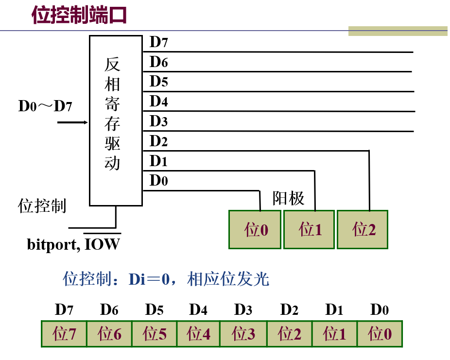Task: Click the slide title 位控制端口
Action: [79, 15]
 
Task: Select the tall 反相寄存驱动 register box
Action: [116, 120]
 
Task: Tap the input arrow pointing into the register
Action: [73, 122]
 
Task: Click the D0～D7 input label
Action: [45, 106]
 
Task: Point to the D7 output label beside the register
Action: [158, 42]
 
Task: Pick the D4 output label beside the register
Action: [158, 102]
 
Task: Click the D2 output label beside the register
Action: [158, 141]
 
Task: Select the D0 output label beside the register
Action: [158, 181]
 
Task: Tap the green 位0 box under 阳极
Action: [256, 229]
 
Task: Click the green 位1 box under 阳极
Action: [310, 229]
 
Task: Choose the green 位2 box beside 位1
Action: [363, 229]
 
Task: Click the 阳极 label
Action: [289, 198]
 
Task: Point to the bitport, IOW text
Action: [73, 243]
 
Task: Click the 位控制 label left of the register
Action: [42, 206]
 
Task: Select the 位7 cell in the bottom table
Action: [64, 334]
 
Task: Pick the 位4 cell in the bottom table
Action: [198, 334]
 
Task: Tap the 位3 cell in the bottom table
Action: [243, 334]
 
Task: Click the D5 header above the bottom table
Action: [154, 309]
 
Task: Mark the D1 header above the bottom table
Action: [334, 309]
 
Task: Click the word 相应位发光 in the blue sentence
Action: [228, 279]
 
